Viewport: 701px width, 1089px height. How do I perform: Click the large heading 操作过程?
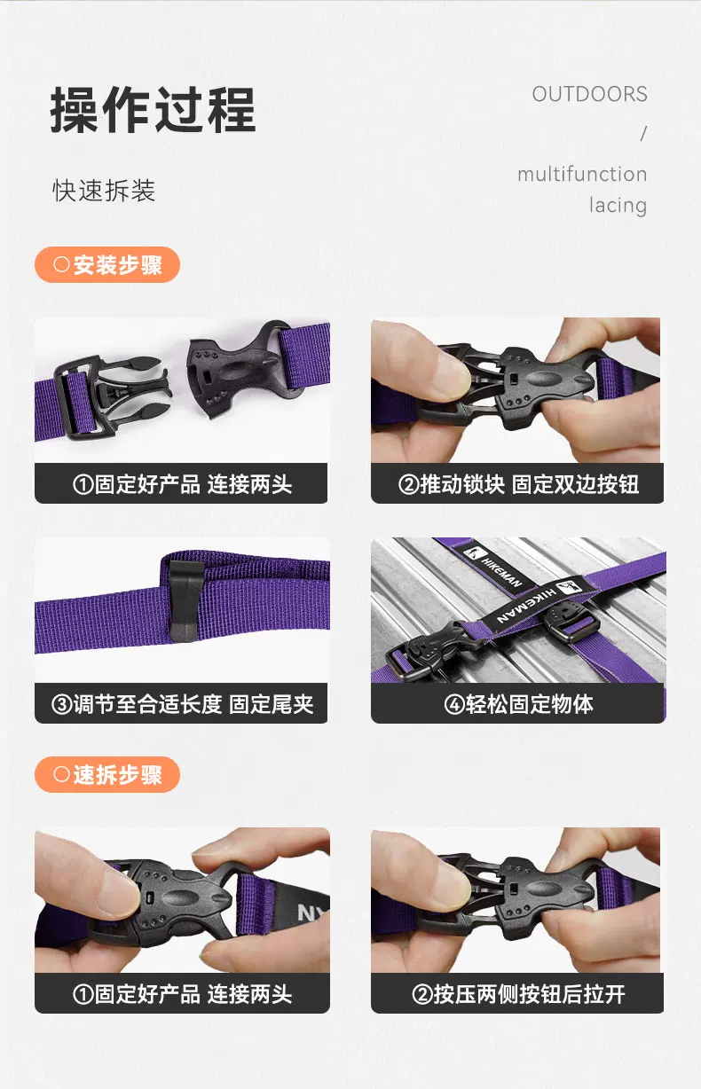tap(153, 110)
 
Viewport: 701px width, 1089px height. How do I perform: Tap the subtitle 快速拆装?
tap(104, 190)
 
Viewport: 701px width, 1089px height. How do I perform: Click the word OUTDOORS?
tap(589, 94)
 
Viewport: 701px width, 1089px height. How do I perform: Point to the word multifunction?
tap(582, 174)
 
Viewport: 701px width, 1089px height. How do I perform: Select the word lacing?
tap(618, 206)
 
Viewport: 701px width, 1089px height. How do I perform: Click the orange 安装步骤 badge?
tap(107, 264)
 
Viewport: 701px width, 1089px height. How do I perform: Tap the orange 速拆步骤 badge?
tap(107, 774)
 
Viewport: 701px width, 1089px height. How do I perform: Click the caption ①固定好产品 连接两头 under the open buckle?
tap(183, 484)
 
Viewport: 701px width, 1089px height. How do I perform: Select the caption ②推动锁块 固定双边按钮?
tap(518, 484)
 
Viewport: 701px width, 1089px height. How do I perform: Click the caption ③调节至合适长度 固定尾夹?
tap(183, 704)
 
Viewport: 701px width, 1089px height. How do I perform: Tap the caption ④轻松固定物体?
tap(518, 704)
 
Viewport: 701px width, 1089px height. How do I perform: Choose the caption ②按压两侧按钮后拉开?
tap(518, 994)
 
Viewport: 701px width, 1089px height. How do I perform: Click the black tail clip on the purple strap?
tap(185, 599)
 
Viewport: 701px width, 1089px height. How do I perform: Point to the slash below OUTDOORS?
tap(643, 134)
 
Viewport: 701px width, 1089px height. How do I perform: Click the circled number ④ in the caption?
tap(454, 704)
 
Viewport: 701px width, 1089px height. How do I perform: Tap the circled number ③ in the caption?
tap(62, 704)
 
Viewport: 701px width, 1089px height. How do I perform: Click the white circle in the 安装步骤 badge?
tap(61, 264)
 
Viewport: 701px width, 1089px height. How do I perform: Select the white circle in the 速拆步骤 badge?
tap(61, 774)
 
